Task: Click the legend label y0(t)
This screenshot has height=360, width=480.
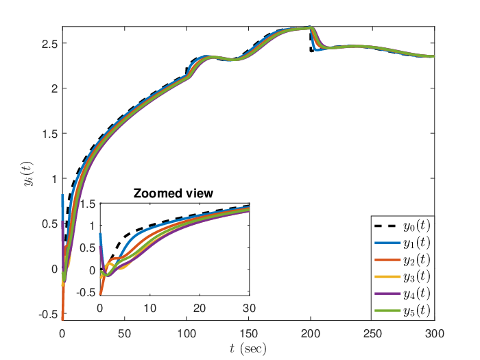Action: (417, 226)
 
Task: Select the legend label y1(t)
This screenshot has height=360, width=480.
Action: (417, 243)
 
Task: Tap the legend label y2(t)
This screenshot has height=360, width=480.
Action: (417, 260)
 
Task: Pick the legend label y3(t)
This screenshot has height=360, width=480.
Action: (417, 277)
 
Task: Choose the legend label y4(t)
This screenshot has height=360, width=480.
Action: (417, 293)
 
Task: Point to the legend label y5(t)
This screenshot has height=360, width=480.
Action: (417, 311)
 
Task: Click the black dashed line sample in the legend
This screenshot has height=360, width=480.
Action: (387, 226)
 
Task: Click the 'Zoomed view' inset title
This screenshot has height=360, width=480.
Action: (173, 193)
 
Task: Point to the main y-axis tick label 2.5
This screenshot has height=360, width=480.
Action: (50, 44)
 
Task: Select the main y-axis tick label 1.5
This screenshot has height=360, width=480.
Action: (50, 134)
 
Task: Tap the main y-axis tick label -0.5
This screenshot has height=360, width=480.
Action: (49, 315)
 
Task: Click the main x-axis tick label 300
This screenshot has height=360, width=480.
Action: (434, 333)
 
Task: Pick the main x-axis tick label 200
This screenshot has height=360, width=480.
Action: (311, 333)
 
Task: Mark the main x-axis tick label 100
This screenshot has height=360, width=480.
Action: (187, 333)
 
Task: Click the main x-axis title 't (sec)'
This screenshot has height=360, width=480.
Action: (248, 349)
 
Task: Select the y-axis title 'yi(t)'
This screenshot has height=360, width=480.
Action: (29, 173)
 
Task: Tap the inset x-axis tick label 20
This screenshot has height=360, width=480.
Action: (200, 308)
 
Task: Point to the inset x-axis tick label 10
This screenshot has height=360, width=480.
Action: (150, 308)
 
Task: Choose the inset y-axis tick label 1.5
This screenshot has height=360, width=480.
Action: (88, 204)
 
